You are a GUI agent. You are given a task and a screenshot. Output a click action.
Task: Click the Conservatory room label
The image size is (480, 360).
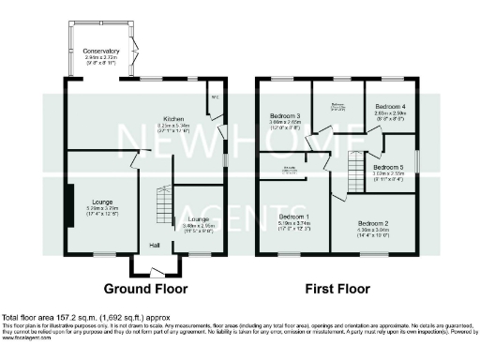click(x=101, y=51)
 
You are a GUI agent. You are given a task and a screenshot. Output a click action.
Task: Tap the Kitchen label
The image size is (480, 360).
click(x=174, y=119)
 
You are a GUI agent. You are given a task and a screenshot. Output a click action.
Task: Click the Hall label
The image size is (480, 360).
click(x=153, y=246)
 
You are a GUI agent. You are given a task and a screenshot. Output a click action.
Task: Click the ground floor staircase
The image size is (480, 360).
click(x=164, y=202)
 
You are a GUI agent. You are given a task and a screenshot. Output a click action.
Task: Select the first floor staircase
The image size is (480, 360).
click(x=355, y=171)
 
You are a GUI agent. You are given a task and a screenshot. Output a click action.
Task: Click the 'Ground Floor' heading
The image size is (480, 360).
click(x=145, y=288)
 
